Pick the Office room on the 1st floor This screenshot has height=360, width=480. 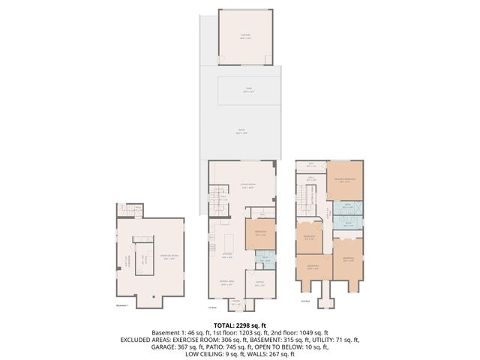coord(260,284)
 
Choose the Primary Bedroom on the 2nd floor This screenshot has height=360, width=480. coord(344,181)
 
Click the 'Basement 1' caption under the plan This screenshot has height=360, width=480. coord(122,306)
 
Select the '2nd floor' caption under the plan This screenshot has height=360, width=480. coord(305,301)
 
